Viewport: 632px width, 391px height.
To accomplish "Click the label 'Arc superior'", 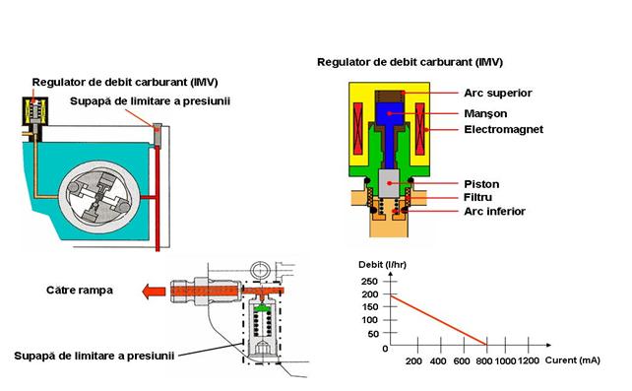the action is [x=498, y=94].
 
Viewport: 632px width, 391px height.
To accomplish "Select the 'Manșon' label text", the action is [x=485, y=113].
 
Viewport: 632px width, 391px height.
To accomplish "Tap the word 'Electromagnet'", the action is [x=503, y=129].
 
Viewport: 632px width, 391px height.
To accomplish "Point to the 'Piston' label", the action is [x=481, y=184].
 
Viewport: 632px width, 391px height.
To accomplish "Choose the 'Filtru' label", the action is [x=477, y=197].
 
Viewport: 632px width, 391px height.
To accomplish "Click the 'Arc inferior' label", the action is [x=494, y=211].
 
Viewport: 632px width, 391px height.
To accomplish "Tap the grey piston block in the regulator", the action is [x=389, y=183].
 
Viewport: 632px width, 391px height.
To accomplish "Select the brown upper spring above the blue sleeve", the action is [x=390, y=97].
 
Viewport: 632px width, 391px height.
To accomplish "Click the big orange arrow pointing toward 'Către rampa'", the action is [x=154, y=291].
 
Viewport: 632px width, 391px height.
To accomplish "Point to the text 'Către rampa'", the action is [x=80, y=291].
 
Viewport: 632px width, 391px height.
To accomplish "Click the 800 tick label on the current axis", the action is [x=483, y=361].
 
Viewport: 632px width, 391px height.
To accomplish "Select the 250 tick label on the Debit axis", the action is [x=369, y=281].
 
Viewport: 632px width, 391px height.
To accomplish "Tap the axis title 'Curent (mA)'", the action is [x=572, y=360].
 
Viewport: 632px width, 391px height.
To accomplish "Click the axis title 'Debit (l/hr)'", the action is [x=382, y=264].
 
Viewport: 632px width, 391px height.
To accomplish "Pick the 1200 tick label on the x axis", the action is [x=528, y=360].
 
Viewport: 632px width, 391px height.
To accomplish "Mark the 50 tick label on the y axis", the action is [x=373, y=334].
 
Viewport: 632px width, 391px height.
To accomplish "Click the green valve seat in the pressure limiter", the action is [x=263, y=308].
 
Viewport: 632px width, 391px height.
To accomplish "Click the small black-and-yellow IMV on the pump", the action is [x=35, y=111].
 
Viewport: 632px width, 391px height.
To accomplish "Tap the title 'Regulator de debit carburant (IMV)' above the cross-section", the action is [x=410, y=62].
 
